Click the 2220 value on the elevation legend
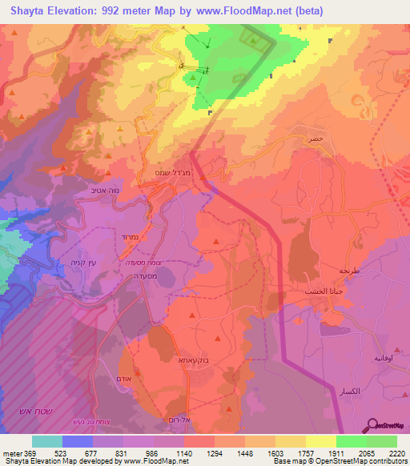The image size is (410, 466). pyautogui.click(x=396, y=452)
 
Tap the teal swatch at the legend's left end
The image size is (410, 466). pyautogui.click(x=47, y=441)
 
